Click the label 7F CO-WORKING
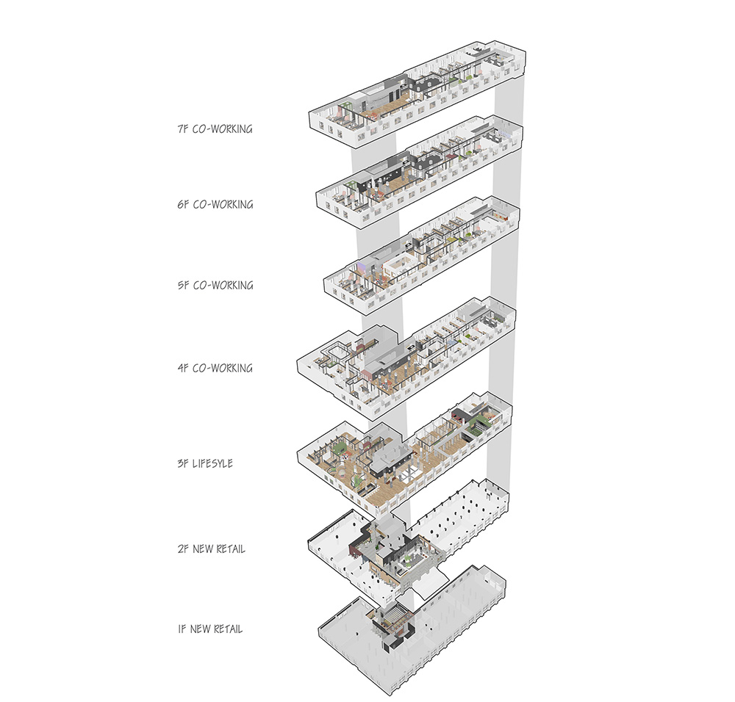click(x=215, y=129)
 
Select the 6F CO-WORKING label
click(x=215, y=205)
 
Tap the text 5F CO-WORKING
click(x=215, y=285)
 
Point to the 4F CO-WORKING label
click(x=215, y=368)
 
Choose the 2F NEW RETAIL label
click(x=211, y=549)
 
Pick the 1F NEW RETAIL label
click(x=209, y=629)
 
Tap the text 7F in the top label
click(x=183, y=129)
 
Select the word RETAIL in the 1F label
click(x=227, y=629)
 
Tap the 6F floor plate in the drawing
click(x=419, y=173)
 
